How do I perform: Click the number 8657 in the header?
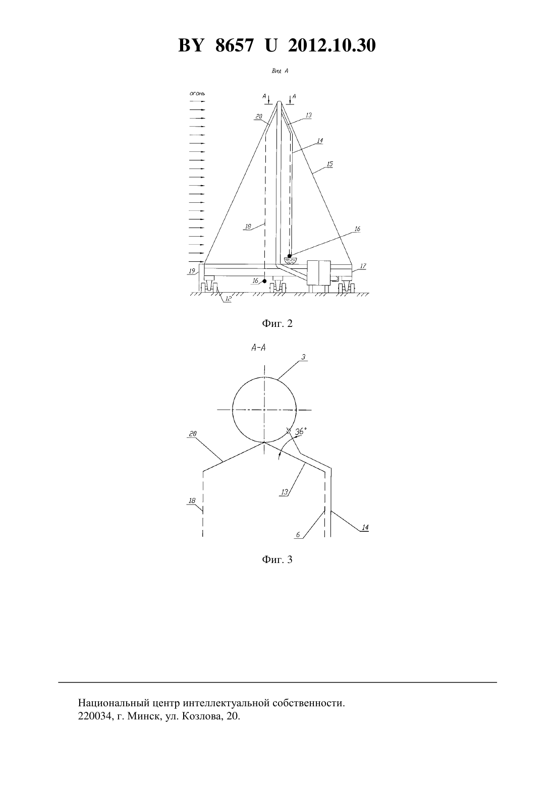tap(234, 45)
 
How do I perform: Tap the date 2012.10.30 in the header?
tap(332, 45)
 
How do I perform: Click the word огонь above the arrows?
tap(197, 93)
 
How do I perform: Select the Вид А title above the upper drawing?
tap(280, 71)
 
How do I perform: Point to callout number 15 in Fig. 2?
tap(329, 164)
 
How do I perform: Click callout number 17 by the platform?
tap(363, 266)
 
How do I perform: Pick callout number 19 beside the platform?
tap(192, 271)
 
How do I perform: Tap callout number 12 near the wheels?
tap(228, 299)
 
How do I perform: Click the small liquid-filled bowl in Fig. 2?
tap(290, 260)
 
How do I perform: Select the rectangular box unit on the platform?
tap(319, 272)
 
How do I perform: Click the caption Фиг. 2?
tap(277, 323)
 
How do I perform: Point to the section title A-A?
tap(258, 348)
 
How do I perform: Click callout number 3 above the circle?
tap(303, 357)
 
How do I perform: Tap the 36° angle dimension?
tap(300, 431)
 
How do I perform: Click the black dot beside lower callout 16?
tap(265, 281)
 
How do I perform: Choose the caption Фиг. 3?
tap(277, 559)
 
